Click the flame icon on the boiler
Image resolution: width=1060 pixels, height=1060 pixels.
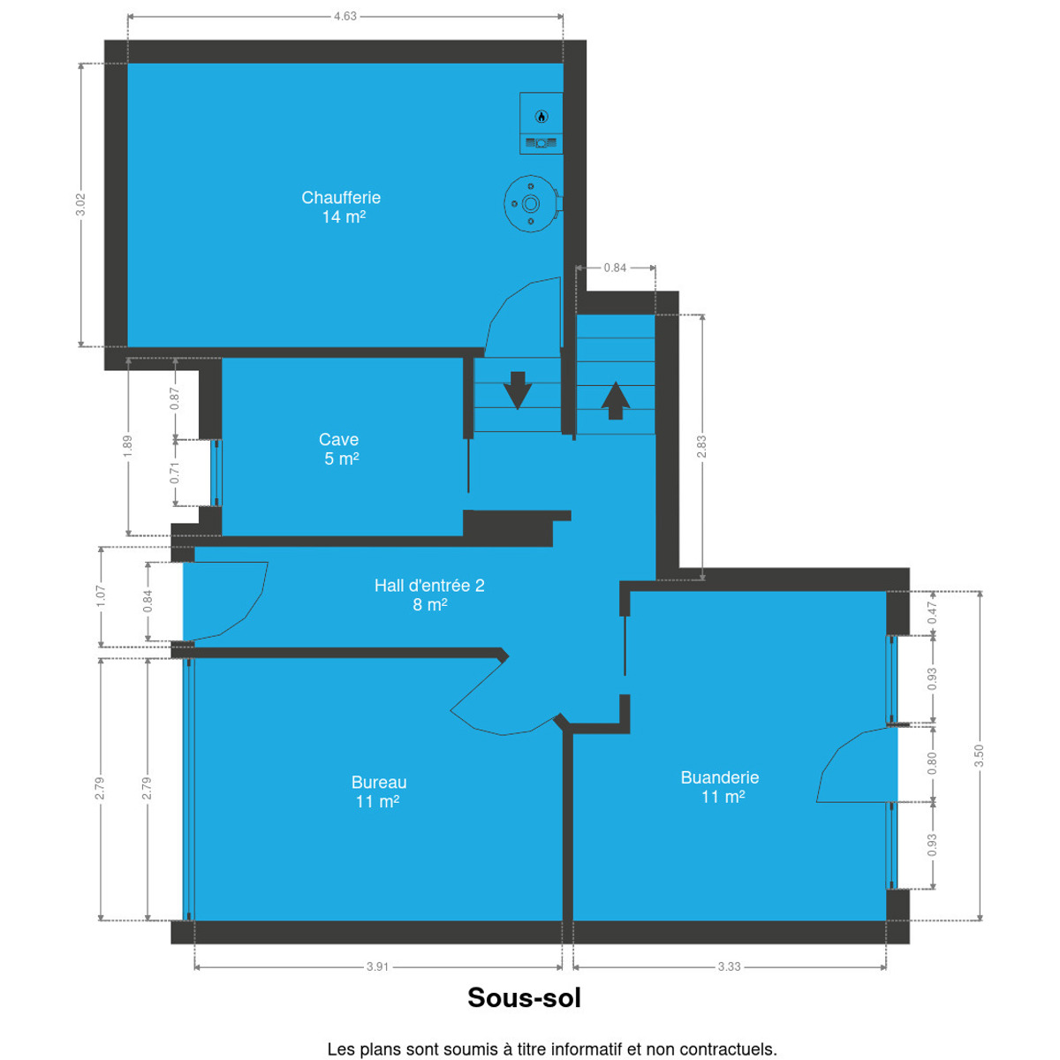pyautogui.click(x=541, y=117)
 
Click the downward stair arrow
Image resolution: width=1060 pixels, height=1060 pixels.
pyautogui.click(x=518, y=390)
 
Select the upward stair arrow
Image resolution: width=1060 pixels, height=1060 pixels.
pyautogui.click(x=616, y=400)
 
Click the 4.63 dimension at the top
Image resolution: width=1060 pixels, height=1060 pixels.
pyautogui.click(x=345, y=17)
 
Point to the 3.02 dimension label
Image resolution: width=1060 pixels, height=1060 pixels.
pyautogui.click(x=81, y=205)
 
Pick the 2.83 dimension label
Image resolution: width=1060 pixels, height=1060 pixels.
pyautogui.click(x=701, y=447)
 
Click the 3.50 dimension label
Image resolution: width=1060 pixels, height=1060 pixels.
pyautogui.click(x=979, y=756)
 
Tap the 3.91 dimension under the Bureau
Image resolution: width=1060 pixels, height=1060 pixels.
pyautogui.click(x=378, y=967)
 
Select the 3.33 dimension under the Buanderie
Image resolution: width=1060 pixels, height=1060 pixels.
pyautogui.click(x=730, y=967)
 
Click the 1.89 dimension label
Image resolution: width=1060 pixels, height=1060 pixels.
pyautogui.click(x=127, y=447)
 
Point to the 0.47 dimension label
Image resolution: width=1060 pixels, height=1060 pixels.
pyautogui.click(x=933, y=613)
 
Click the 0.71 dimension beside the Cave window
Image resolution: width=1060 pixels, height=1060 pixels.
pyautogui.click(x=175, y=473)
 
